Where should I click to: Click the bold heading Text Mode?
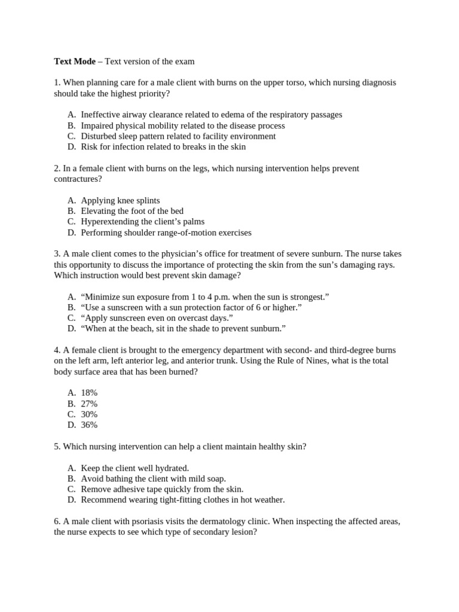(75, 61)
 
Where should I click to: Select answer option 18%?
(89, 393)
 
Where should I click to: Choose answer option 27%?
(89, 403)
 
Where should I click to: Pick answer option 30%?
(89, 414)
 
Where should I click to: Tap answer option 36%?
(89, 425)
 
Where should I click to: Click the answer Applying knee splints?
(120, 200)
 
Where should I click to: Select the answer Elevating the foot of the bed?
(132, 211)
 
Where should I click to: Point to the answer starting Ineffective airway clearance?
(211, 115)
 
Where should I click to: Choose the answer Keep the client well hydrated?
(134, 468)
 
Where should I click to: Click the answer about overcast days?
(157, 317)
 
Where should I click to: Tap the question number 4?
(57, 350)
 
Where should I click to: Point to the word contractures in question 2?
(78, 179)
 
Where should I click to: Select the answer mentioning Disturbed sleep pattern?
(178, 136)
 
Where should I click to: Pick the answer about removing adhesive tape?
(162, 489)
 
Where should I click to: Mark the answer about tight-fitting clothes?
(182, 500)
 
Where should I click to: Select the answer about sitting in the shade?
(183, 328)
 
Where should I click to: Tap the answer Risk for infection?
(163, 147)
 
